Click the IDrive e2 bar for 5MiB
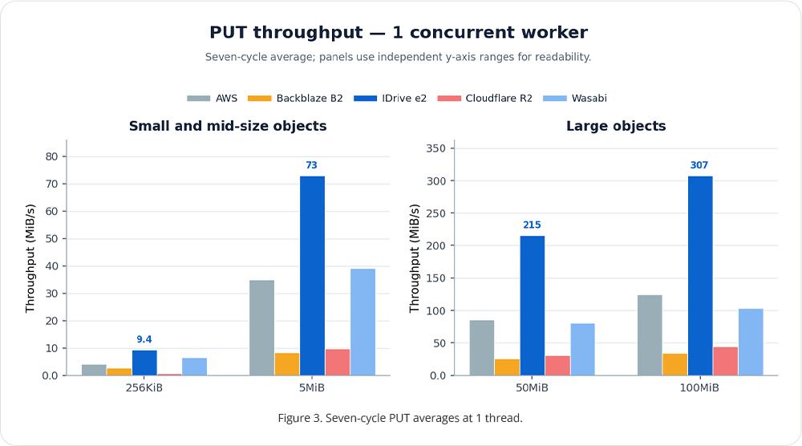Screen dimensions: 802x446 (312, 276)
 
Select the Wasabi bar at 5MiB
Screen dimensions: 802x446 (363, 322)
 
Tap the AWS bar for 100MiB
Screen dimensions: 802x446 (650, 335)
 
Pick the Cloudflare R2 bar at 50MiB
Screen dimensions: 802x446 (557, 366)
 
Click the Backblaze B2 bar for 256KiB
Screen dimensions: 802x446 (119, 372)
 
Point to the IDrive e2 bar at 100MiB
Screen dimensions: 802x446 (700, 276)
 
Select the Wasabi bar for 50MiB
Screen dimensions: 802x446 (582, 349)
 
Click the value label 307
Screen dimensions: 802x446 (699, 165)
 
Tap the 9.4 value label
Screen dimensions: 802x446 (144, 339)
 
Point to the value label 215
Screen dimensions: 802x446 (532, 225)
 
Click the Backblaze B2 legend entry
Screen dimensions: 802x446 (295, 98)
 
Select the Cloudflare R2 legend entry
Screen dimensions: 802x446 (485, 98)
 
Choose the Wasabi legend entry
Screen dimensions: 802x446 (575, 98)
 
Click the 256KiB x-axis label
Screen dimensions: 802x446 (144, 387)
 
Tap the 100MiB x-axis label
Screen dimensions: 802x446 (699, 387)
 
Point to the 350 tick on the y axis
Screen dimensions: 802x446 (436, 148)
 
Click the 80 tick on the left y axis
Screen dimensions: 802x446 (51, 156)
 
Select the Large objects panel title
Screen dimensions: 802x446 (616, 126)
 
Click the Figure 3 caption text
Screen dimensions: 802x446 (400, 418)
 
